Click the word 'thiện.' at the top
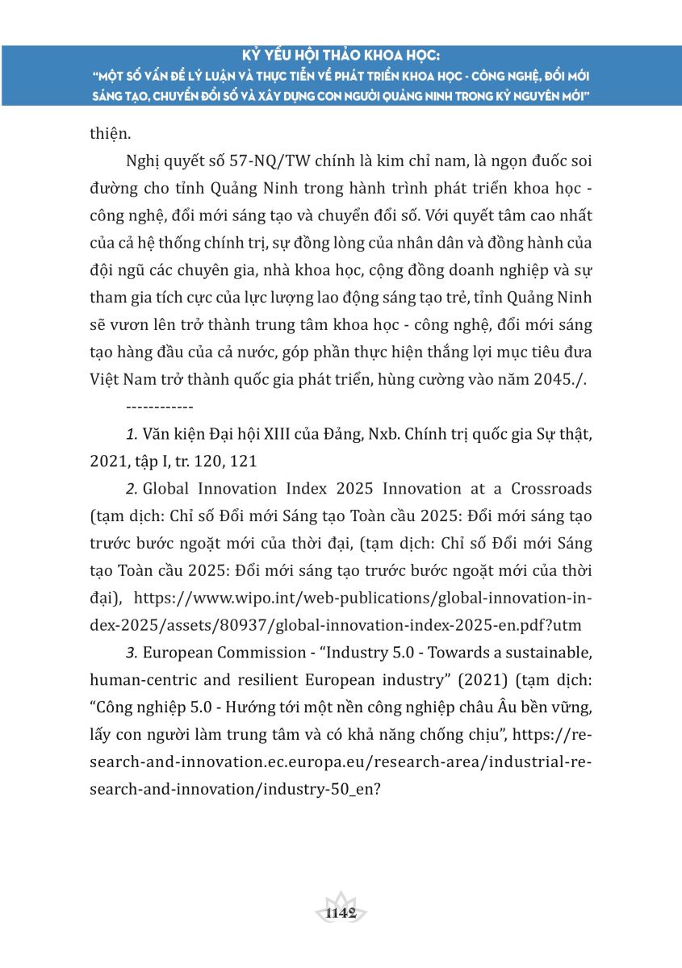108,134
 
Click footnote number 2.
132,490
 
